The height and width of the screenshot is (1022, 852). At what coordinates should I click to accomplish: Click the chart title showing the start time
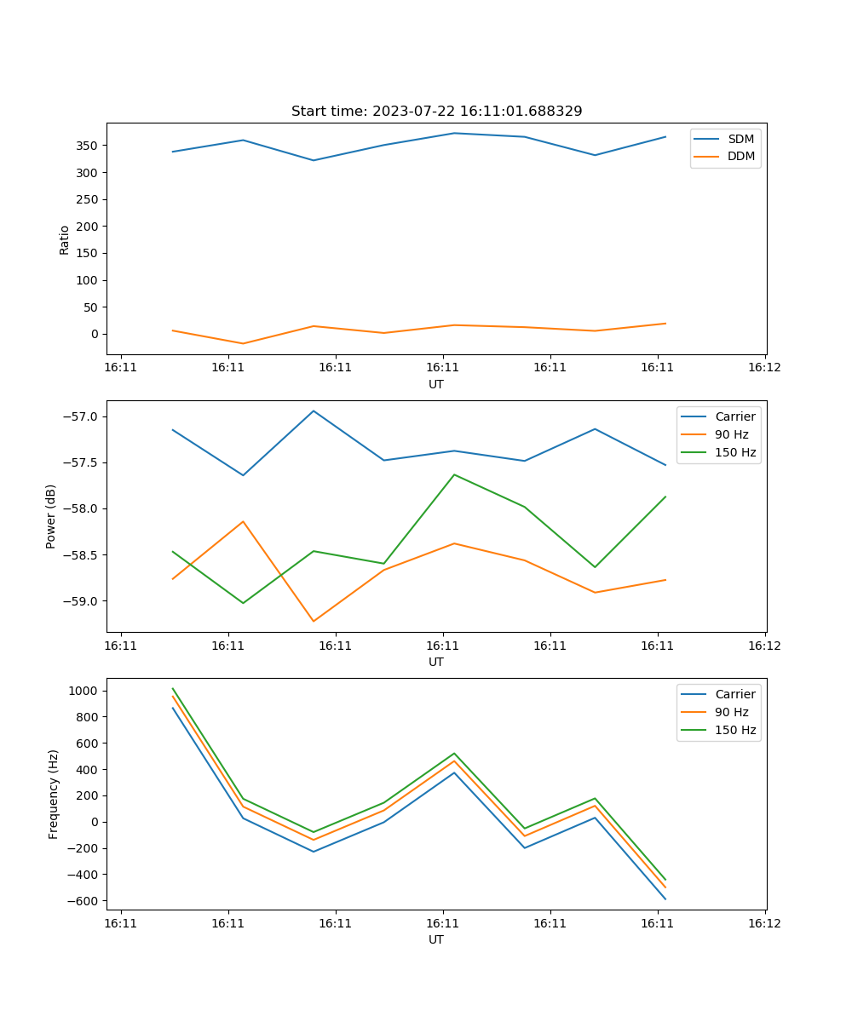[436, 112]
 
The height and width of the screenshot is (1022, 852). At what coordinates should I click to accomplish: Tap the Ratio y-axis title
[65, 239]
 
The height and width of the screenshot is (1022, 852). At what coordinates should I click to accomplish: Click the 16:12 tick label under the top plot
[764, 368]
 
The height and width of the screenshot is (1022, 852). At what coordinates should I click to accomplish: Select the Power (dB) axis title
[51, 516]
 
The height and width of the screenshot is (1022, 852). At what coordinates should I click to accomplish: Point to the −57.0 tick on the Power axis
[81, 416]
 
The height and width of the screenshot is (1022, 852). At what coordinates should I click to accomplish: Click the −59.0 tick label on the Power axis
[81, 601]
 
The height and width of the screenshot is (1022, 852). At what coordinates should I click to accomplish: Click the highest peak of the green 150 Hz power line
[454, 474]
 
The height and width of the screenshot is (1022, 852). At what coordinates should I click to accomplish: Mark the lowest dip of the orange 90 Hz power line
[314, 621]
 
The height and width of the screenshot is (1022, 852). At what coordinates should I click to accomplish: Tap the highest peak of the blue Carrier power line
[314, 411]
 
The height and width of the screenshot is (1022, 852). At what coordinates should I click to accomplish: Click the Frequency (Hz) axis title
[54, 794]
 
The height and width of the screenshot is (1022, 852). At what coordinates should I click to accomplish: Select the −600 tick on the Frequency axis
[86, 901]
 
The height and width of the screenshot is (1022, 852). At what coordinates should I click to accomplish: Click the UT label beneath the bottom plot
[436, 939]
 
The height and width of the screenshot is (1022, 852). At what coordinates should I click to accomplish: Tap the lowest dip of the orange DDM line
[244, 343]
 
